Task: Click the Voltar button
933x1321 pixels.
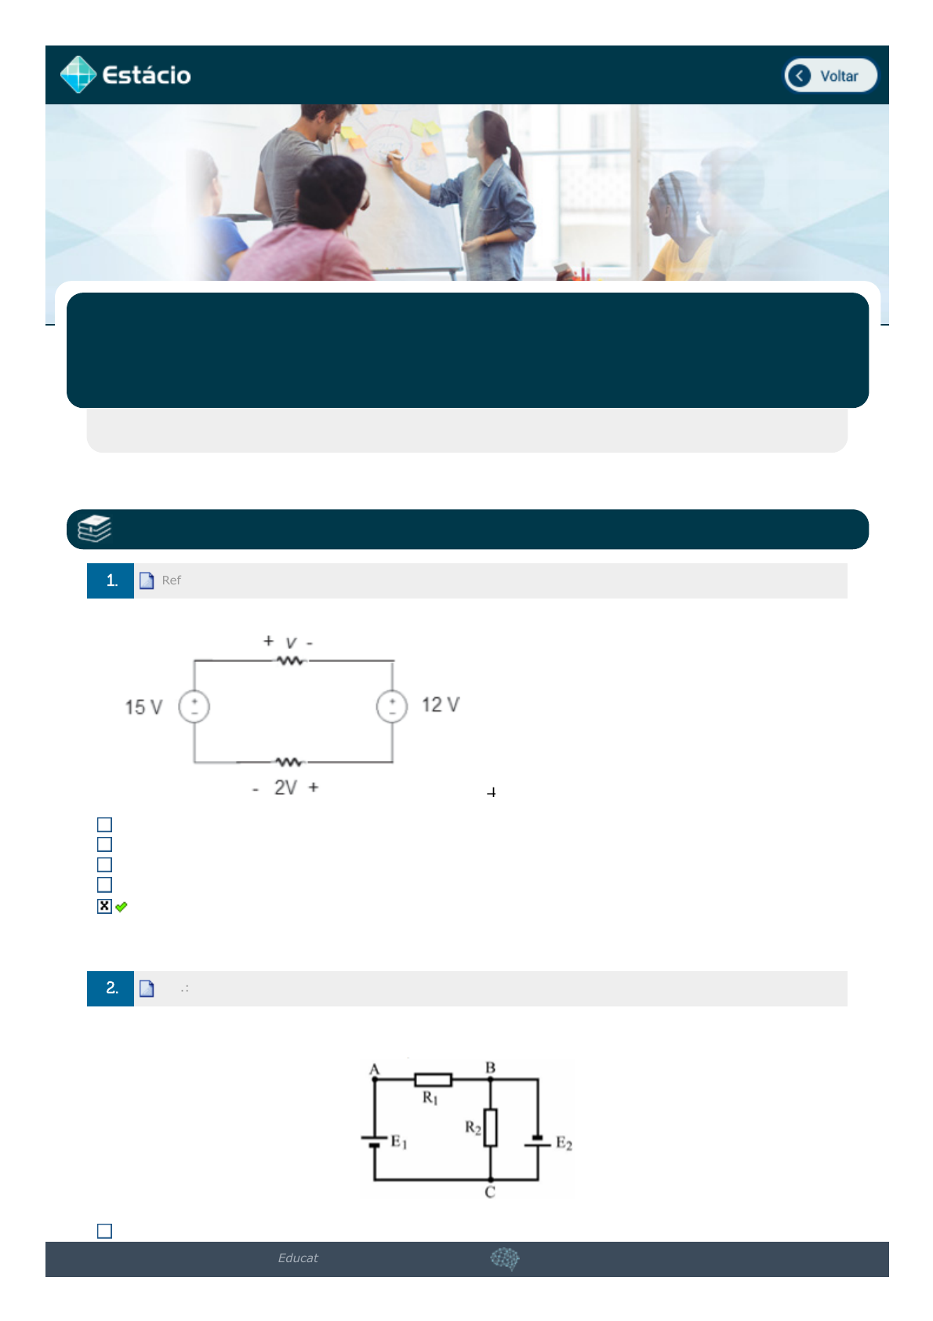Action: point(830,75)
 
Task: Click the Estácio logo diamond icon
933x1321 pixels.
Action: point(78,75)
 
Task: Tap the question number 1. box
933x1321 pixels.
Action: point(111,581)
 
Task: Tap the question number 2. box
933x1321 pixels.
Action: point(111,988)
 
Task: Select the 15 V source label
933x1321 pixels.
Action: point(143,707)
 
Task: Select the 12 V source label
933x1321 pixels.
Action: point(441,704)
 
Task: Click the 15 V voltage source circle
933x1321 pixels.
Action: point(194,707)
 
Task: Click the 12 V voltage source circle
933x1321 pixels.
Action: point(392,707)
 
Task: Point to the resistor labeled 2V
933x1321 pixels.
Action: point(289,762)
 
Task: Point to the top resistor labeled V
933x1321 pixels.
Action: point(291,661)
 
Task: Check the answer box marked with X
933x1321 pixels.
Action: point(104,906)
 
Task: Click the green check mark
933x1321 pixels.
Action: point(122,907)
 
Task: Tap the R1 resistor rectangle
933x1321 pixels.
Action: point(434,1080)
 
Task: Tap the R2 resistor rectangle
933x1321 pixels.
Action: point(490,1127)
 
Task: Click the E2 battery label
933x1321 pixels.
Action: point(564,1144)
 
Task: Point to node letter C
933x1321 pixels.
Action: point(490,1192)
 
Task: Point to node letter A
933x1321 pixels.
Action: point(374,1069)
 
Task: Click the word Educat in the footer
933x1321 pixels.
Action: point(298,1258)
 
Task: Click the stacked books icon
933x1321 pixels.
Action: point(94,529)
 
